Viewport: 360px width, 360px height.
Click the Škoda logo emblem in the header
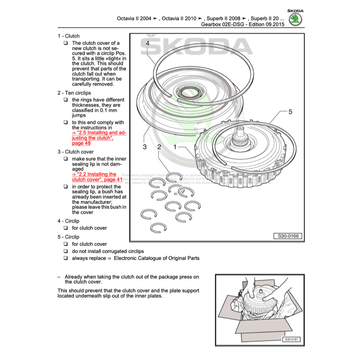pos(296,19)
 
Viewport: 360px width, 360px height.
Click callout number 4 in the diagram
pos(147,43)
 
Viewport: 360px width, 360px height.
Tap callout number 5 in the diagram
pos(290,112)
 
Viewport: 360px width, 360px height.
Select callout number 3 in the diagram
pos(144,147)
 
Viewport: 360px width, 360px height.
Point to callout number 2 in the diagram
pos(159,147)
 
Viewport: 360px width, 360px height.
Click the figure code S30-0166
pos(288,236)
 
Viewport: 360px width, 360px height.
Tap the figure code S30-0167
pos(291,340)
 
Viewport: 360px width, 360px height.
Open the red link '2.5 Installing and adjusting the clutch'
pos(99,138)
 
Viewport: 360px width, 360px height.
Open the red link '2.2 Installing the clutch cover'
pos(97,177)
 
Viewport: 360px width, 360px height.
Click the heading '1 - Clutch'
pos(69,36)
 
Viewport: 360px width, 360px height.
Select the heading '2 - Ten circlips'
pos(74,93)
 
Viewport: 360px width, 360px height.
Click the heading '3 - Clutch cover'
pos(76,152)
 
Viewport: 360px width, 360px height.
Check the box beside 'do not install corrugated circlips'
pos(66,251)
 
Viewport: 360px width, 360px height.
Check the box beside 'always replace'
pos(66,258)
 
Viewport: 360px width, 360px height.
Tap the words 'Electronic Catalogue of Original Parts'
pos(156,258)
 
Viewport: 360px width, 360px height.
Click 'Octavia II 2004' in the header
pos(134,18)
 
